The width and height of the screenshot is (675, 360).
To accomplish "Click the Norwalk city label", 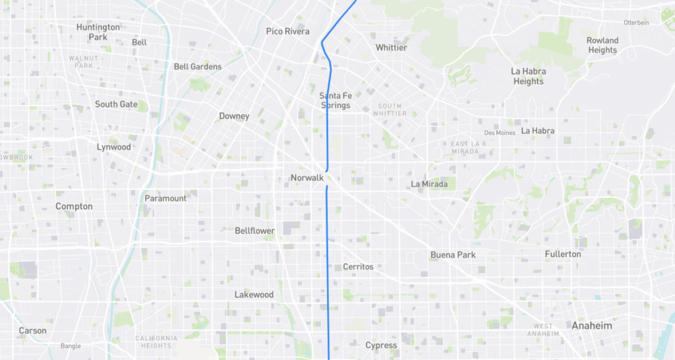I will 307,178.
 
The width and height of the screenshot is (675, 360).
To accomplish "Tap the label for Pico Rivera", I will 287,31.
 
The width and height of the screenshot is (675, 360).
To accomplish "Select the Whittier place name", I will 392,47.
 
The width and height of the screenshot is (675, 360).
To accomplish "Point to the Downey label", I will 234,116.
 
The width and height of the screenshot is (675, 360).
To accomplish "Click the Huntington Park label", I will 98,32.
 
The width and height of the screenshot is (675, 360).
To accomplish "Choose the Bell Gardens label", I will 198,67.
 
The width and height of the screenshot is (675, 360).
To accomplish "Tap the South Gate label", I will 116,104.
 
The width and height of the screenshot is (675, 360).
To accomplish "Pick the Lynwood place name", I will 114,147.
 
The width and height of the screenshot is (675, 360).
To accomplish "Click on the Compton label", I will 74,206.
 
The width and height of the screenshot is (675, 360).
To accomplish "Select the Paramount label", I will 165,198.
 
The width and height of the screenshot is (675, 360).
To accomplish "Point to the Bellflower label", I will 254,231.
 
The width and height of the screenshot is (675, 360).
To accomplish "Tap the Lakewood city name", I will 254,295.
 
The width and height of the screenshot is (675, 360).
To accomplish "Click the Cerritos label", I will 358,266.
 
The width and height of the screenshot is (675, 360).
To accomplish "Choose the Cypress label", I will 381,345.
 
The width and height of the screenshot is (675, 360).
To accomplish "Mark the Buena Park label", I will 453,255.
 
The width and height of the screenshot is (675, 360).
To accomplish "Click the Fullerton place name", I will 563,254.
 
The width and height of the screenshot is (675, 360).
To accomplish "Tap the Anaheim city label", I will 591,326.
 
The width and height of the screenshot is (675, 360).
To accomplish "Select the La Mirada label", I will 429,184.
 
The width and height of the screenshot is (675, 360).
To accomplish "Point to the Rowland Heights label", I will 602,45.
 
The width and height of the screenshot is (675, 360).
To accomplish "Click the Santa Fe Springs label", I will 336,100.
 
